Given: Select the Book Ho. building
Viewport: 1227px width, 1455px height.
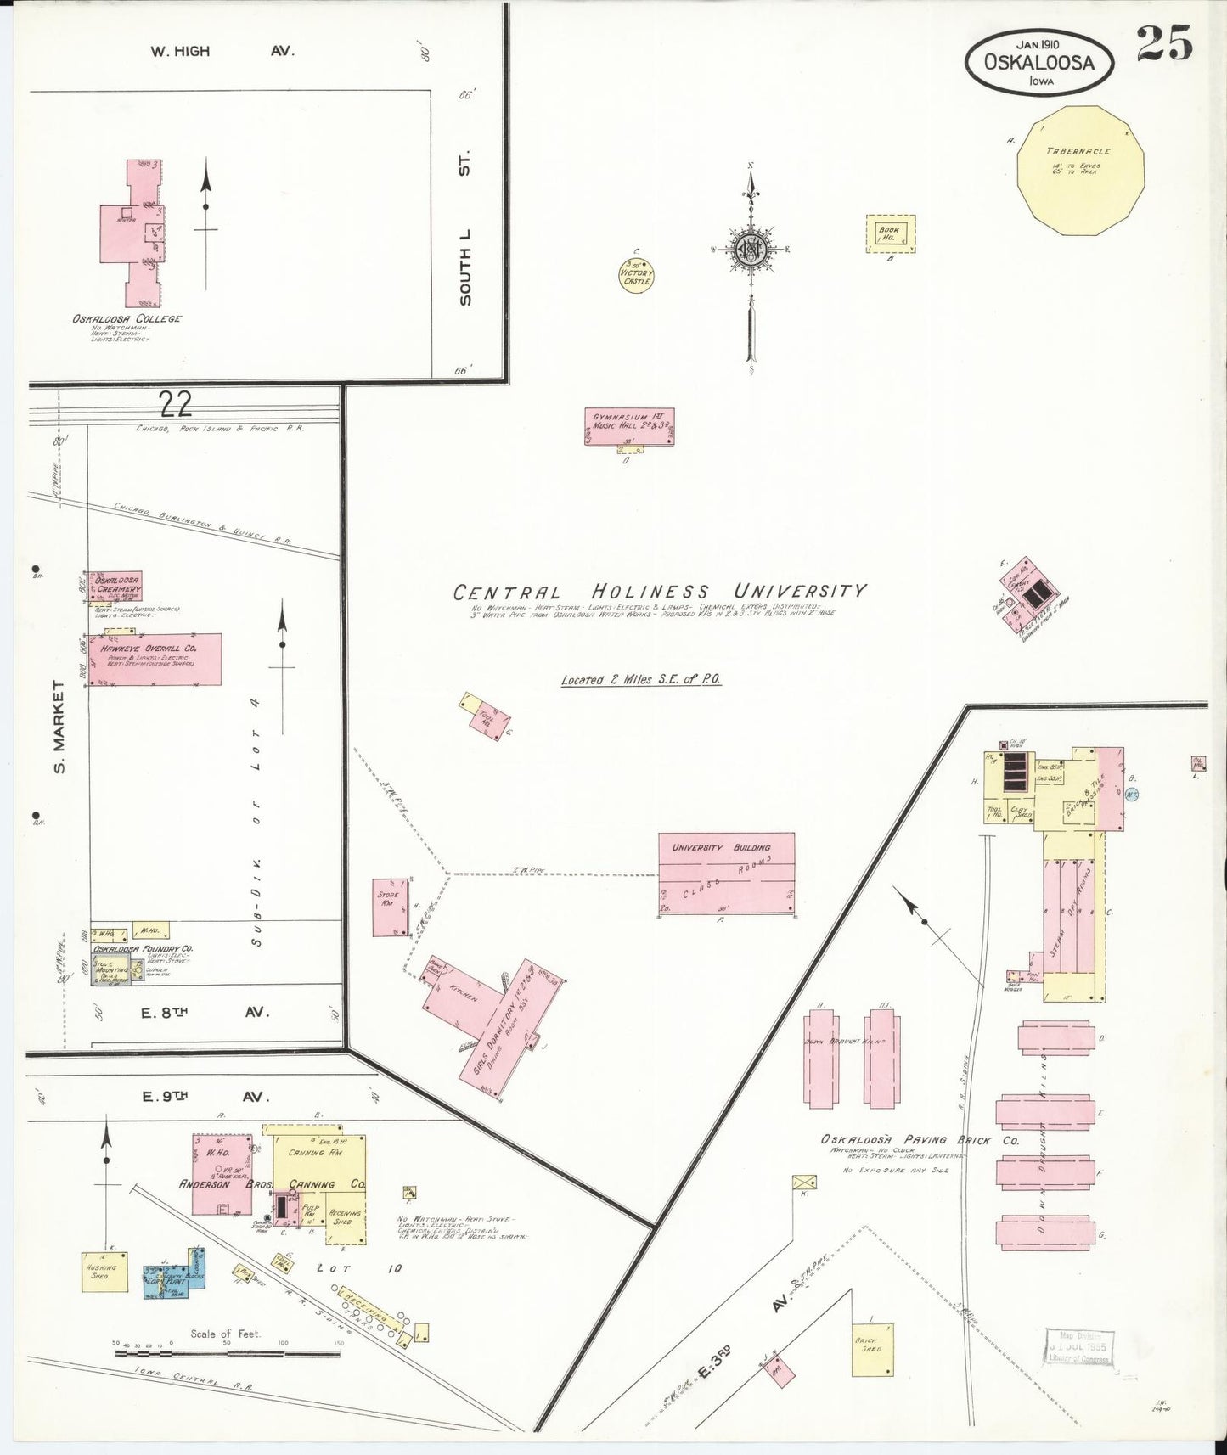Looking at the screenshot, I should [892, 233].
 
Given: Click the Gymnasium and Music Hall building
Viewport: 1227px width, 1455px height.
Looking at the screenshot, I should [629, 427].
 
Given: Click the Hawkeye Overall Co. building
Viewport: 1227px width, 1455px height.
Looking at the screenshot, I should [153, 658].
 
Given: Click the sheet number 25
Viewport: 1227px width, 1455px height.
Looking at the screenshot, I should [1165, 44].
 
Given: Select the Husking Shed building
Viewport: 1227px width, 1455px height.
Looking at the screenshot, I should [105, 1271].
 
